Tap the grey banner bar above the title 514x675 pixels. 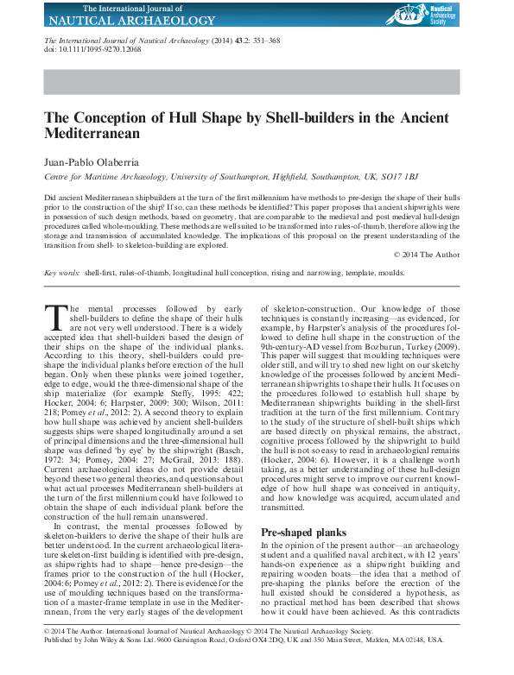point(257,82)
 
